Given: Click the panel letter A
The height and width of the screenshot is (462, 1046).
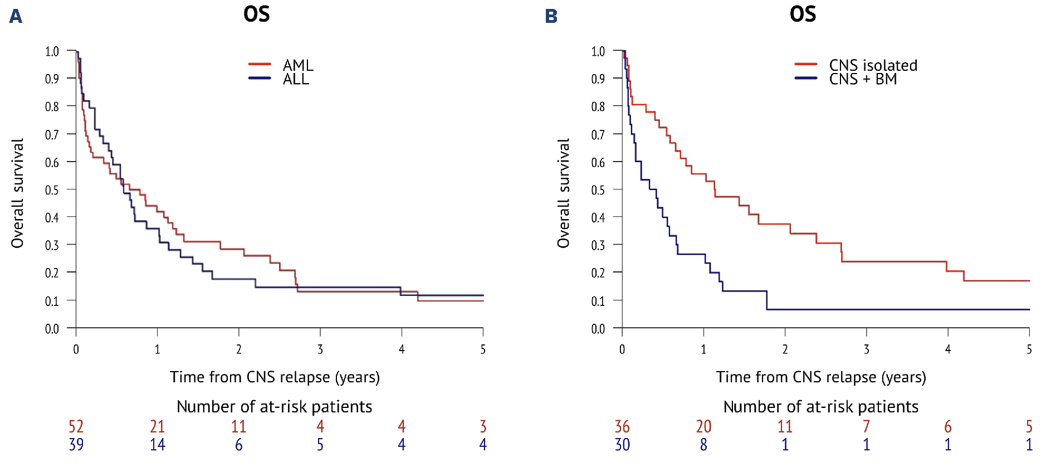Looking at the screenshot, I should tap(16, 16).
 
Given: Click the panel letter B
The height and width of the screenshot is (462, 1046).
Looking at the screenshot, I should tap(551, 16).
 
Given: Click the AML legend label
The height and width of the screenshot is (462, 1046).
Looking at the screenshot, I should tap(297, 65).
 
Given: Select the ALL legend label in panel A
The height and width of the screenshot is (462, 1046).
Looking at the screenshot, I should tap(295, 79).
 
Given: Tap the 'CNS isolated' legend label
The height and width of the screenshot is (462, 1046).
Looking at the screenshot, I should tap(873, 65).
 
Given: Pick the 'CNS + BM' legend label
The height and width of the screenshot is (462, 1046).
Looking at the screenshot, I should tap(863, 79).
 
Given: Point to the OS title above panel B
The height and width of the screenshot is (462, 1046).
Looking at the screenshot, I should tap(803, 14).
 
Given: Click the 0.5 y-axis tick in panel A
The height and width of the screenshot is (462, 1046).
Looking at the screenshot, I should tap(52, 190).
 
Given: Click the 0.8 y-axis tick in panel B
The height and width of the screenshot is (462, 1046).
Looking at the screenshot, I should tap(598, 106).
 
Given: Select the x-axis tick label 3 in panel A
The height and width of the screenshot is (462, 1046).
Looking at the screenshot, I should tap(320, 349).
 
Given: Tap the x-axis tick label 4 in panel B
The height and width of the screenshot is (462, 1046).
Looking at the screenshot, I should tap(948, 349).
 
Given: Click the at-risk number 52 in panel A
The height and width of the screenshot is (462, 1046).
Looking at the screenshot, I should tap(76, 426).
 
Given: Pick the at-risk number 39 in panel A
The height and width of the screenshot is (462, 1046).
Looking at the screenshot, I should tap(76, 444).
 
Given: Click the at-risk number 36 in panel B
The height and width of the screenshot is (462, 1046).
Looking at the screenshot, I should tap(622, 426).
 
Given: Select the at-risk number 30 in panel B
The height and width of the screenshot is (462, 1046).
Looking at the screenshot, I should tap(622, 444).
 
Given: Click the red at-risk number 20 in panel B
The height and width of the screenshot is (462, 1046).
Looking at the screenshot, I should tap(703, 426).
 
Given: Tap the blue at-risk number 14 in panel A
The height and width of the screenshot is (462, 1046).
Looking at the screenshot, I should tap(158, 444).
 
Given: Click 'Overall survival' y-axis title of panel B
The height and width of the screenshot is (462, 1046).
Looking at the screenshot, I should tap(564, 193).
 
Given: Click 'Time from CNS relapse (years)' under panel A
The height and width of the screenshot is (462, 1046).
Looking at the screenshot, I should tap(275, 377).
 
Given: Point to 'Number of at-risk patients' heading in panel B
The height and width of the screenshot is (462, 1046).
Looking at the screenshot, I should tap(820, 407).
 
